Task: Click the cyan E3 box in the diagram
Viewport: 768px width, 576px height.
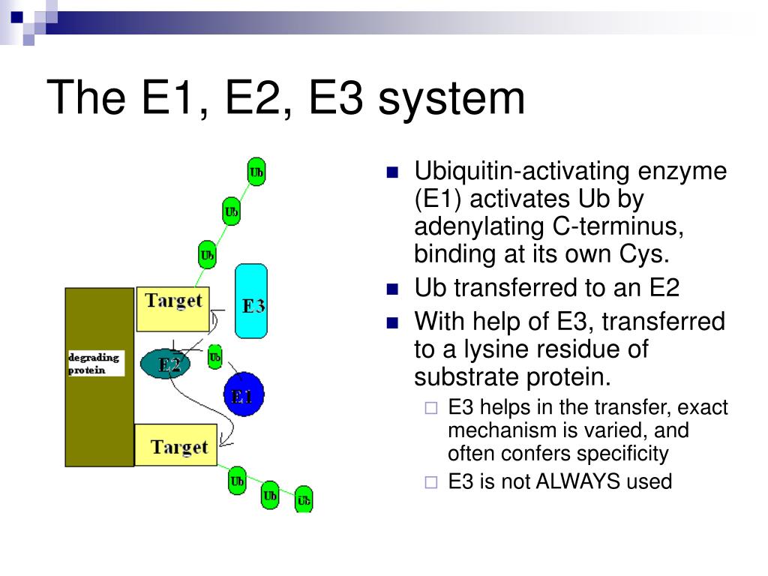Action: (x=251, y=300)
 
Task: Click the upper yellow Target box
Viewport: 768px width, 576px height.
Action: (x=172, y=308)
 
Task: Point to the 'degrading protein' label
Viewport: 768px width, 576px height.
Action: (x=95, y=363)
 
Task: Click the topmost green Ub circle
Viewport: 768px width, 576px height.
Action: (x=256, y=173)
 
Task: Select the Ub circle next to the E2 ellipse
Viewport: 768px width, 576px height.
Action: (x=214, y=357)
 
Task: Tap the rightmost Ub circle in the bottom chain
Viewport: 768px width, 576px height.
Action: (x=304, y=499)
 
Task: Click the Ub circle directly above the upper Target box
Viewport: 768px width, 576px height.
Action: (x=207, y=255)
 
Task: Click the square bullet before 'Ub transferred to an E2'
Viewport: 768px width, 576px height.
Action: (x=393, y=289)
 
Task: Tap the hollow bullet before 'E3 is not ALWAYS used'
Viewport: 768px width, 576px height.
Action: (x=430, y=482)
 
